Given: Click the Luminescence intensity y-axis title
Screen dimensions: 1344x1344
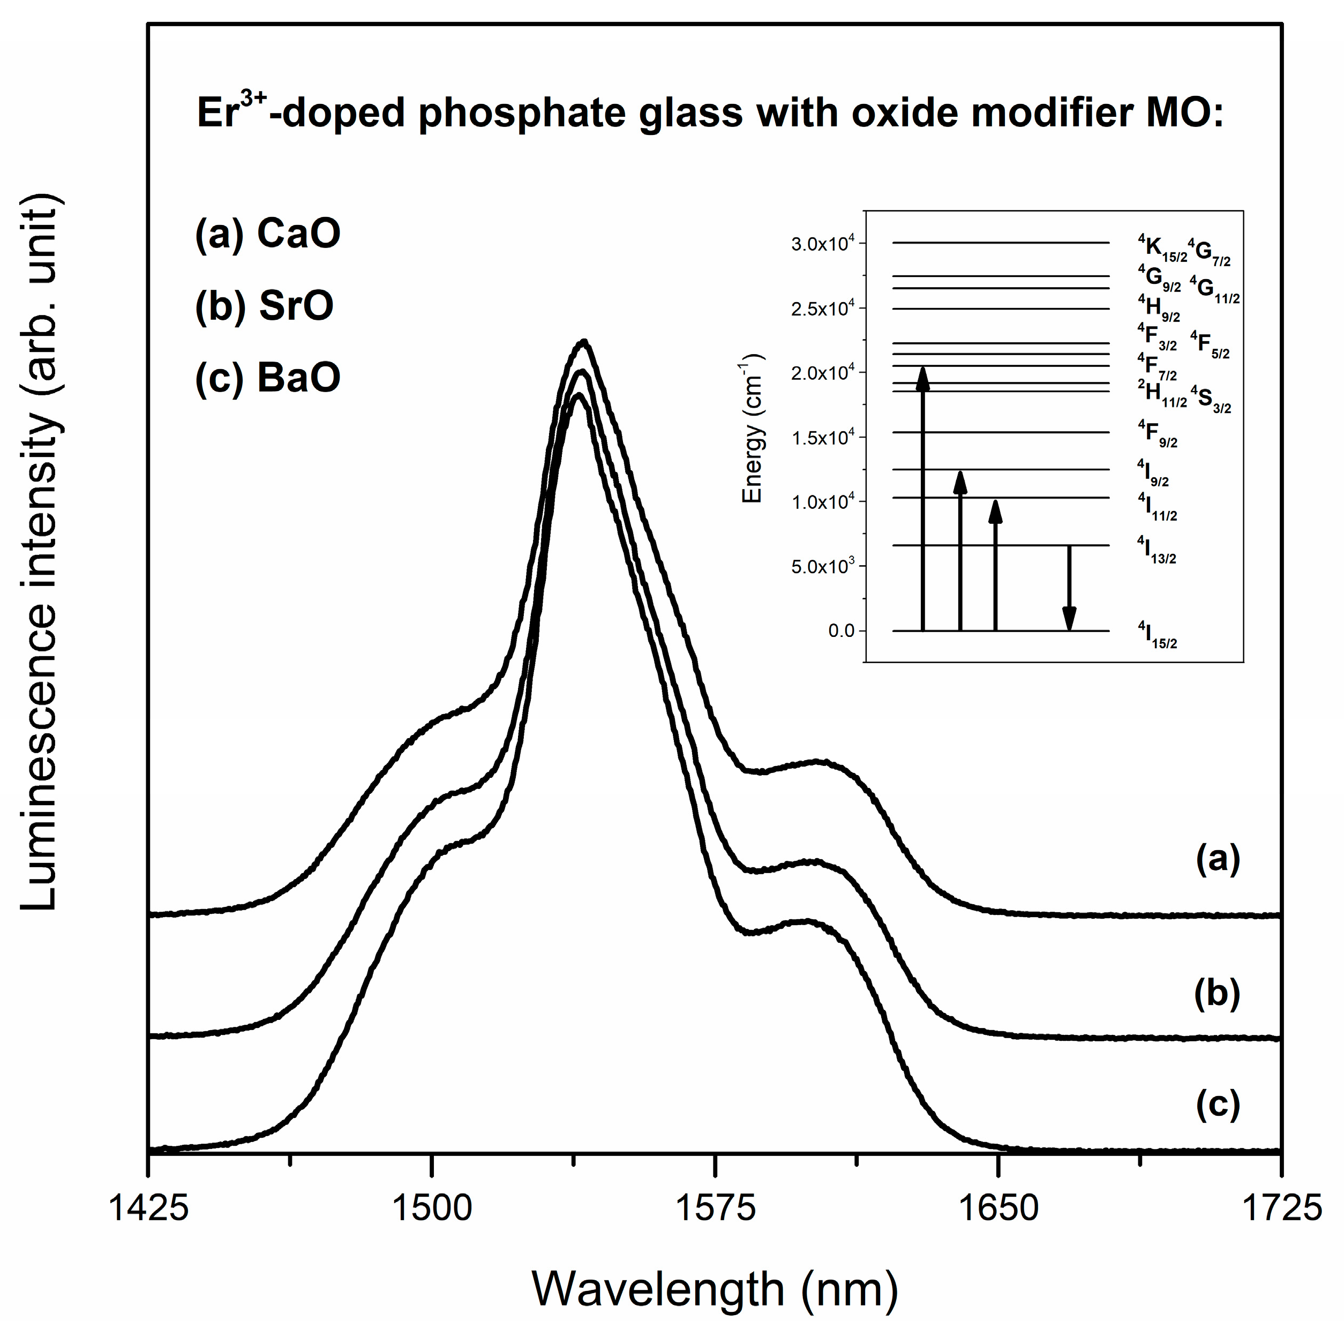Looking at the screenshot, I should pos(40,553).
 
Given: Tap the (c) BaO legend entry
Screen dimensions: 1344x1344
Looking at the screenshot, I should pos(268,378).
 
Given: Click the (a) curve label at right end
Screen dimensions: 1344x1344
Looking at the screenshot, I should pos(1218,859).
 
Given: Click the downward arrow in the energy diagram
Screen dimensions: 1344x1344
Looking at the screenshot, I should pos(1069,588).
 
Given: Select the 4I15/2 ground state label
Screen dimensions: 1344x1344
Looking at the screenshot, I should pos(1157,635).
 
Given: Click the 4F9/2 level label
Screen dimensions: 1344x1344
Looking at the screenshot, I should pos(1157,433).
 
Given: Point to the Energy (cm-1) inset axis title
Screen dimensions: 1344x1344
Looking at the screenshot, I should pos(753,428).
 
